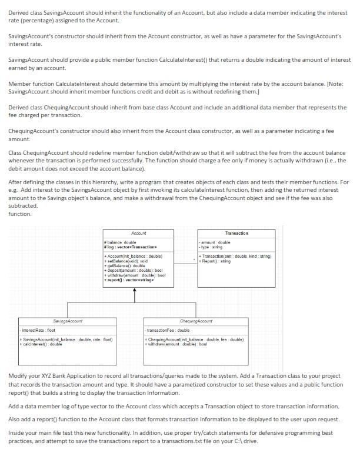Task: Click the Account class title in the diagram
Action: tap(139, 234)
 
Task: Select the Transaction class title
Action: tap(236, 234)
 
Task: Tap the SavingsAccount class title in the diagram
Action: tap(68, 321)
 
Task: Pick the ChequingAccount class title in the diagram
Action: tap(196, 321)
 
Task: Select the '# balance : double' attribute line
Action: tap(120, 242)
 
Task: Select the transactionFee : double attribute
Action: tap(168, 331)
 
